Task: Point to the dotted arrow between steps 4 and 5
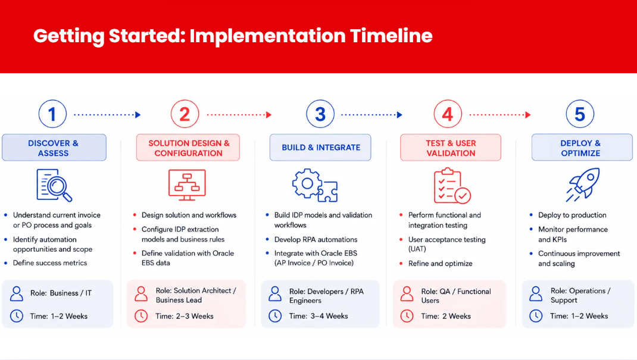coord(500,115)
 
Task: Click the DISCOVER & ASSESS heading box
coord(54,148)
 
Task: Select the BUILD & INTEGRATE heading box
coord(320,148)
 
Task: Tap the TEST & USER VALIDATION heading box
coord(451,148)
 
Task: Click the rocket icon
coord(583,184)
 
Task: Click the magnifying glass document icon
coord(54,185)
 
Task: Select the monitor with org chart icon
coord(187,184)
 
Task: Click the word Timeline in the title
coord(391,36)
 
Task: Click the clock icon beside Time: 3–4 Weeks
coord(275,316)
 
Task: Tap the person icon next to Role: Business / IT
coord(17,293)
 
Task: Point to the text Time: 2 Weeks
coord(446,316)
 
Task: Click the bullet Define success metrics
coord(50,263)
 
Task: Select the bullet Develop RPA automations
coord(316,239)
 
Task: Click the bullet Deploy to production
coord(572,215)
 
